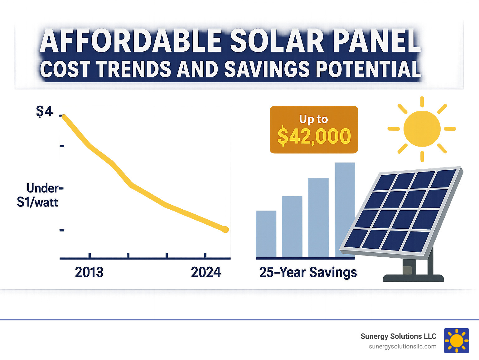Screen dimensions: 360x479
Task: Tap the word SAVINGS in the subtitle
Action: pyautogui.click(x=267, y=69)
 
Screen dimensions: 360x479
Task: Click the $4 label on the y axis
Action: pyautogui.click(x=45, y=111)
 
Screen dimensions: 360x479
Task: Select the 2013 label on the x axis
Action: pyautogui.click(x=89, y=272)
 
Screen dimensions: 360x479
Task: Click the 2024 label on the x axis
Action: pyautogui.click(x=206, y=272)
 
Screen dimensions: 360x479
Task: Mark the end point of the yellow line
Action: pyautogui.click(x=225, y=230)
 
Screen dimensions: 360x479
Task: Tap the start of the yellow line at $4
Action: pyautogui.click(x=64, y=116)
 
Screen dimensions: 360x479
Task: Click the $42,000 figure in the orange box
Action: pyautogui.click(x=314, y=136)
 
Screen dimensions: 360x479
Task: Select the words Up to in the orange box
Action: pyautogui.click(x=313, y=119)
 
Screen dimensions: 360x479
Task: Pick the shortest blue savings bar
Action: pyautogui.click(x=266, y=234)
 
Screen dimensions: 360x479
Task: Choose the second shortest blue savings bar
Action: pyautogui.click(x=292, y=227)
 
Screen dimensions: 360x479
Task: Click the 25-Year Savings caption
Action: pyautogui.click(x=308, y=272)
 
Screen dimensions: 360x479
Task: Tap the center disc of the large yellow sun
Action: pyautogui.click(x=422, y=129)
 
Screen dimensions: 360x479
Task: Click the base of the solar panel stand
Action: pyautogui.click(x=413, y=278)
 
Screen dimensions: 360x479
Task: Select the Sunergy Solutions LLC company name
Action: pyautogui.click(x=398, y=336)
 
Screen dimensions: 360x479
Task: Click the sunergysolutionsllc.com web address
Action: pyautogui.click(x=403, y=347)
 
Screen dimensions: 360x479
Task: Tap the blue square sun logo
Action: pyautogui.click(x=457, y=341)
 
